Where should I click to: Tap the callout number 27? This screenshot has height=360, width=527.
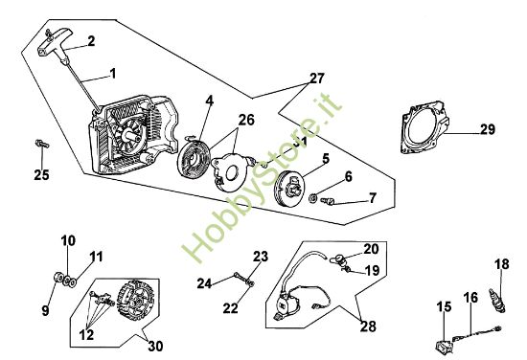tap(317, 79)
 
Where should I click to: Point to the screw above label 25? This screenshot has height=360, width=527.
tap(41, 144)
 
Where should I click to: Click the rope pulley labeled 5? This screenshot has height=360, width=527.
tap(289, 188)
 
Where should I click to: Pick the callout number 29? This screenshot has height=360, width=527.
tap(488, 129)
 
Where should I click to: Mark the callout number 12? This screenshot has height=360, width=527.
tap(86, 334)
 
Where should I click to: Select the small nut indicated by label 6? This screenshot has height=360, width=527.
tap(312, 198)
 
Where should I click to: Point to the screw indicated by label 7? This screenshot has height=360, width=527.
tap(328, 201)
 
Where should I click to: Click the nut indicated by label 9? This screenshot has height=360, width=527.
tap(58, 278)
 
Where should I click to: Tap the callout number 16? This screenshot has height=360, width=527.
tap(470, 298)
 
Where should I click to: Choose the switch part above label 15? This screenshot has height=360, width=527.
tap(443, 347)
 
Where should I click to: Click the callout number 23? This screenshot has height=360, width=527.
tap(261, 257)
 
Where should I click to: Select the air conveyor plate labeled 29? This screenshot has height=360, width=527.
tap(424, 126)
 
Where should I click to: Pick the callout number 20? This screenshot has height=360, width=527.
tap(371, 249)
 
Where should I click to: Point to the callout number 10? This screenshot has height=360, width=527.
tap(68, 240)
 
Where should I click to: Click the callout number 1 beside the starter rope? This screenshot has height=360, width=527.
tap(113, 74)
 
